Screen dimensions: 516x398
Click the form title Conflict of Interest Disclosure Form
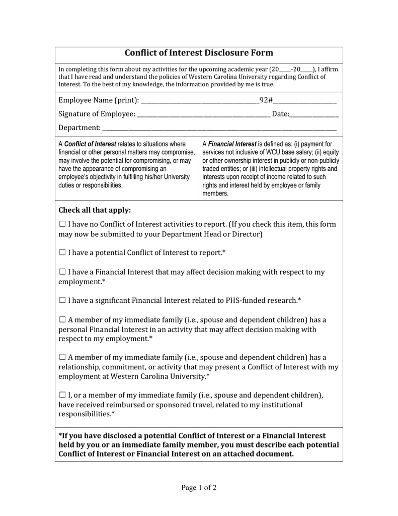[x=199, y=53]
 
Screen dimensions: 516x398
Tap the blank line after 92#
[x=304, y=102]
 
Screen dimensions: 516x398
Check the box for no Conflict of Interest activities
[x=62, y=224]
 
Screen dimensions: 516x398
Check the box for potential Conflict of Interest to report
[x=62, y=252]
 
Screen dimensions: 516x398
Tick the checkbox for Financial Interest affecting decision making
[x=62, y=272]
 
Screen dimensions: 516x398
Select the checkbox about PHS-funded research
[x=62, y=300]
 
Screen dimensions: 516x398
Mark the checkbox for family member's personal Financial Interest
[x=62, y=320]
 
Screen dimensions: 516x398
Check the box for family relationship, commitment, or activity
[x=62, y=357]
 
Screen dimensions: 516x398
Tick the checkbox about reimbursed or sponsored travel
[x=62, y=395]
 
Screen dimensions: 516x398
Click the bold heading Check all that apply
[x=95, y=210]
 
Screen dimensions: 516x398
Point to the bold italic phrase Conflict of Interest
[x=90, y=144]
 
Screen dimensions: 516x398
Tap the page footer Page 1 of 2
[x=199, y=487]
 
